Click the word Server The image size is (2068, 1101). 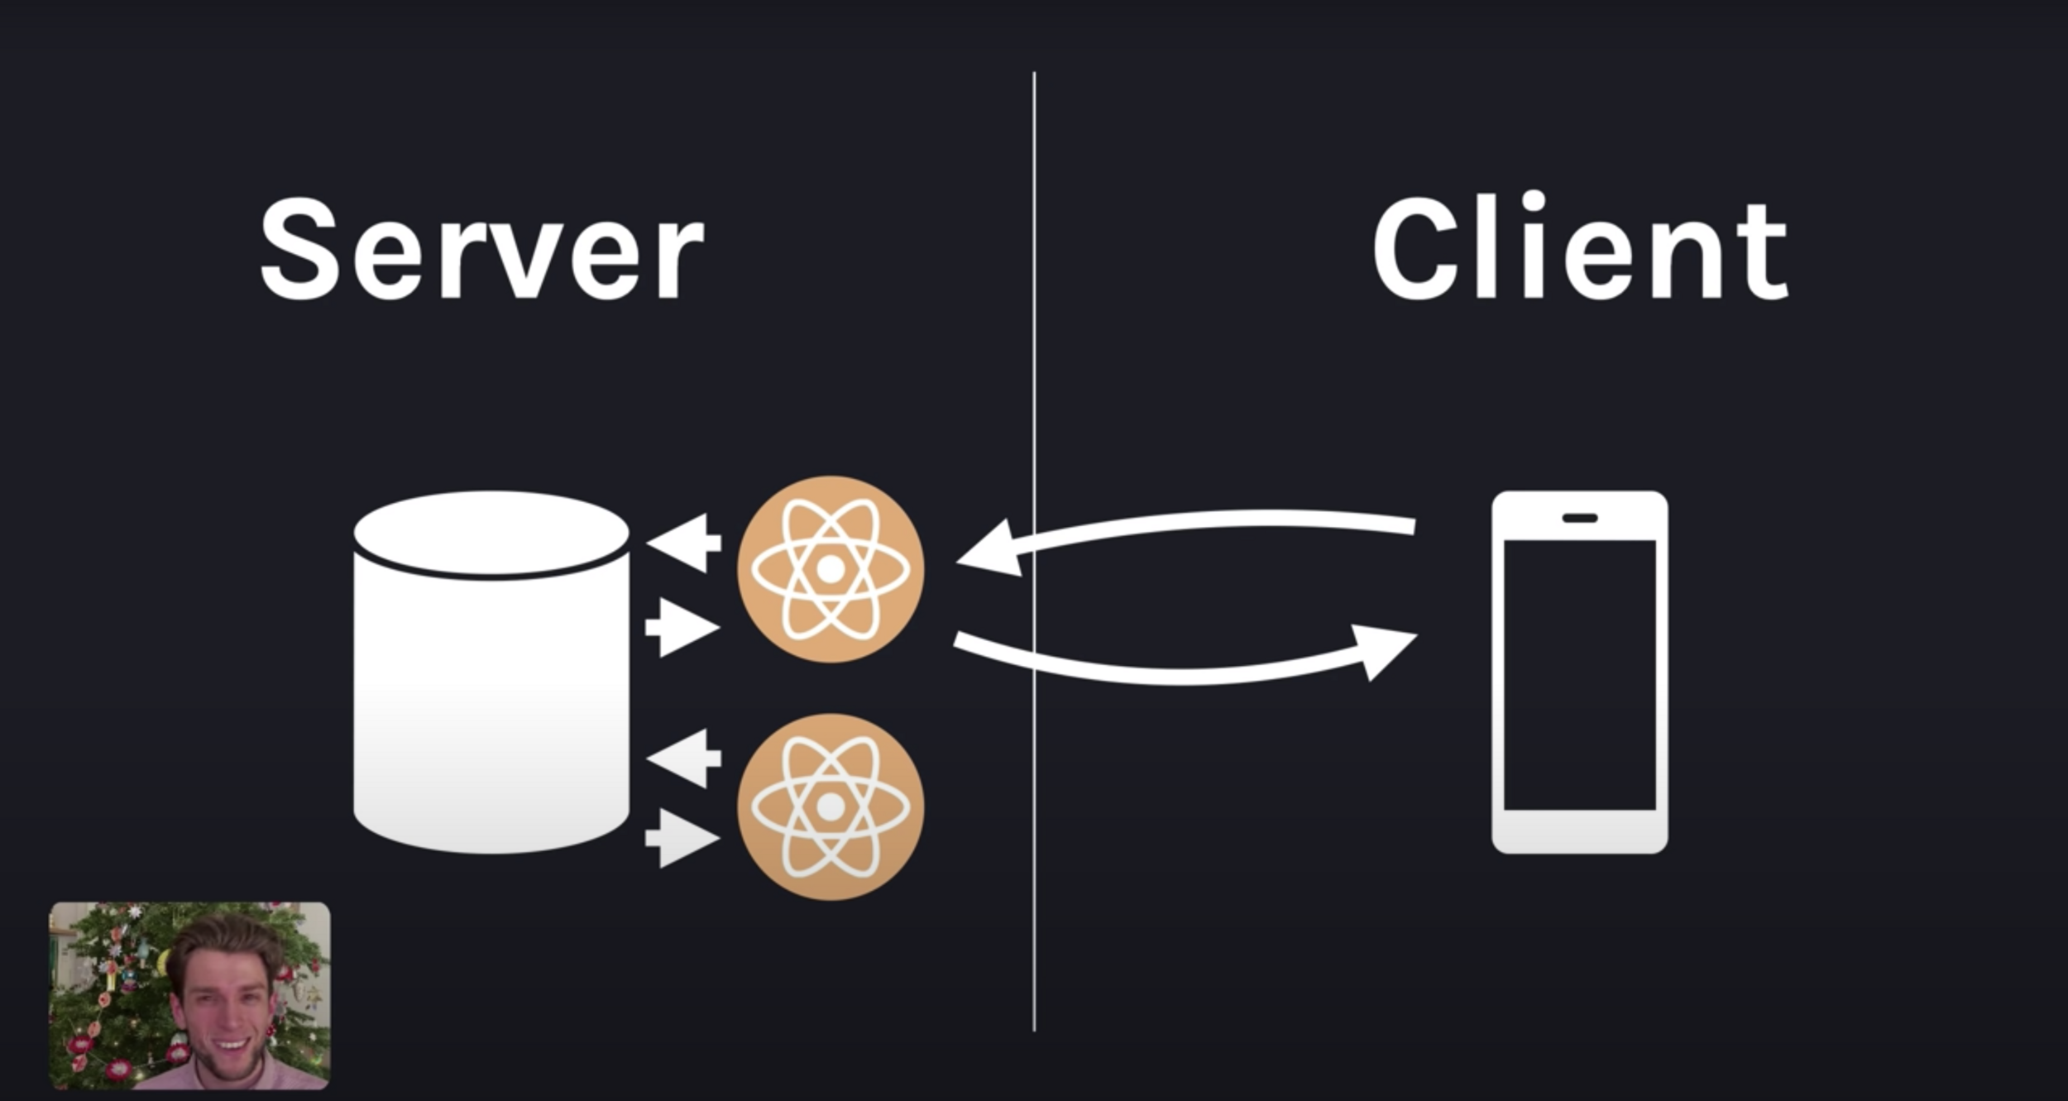[482, 250]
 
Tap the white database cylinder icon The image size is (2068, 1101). [491, 703]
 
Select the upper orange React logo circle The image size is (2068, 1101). [831, 569]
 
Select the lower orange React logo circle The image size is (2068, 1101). [831, 807]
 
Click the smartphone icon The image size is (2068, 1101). [1579, 672]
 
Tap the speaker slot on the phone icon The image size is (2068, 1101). [1579, 518]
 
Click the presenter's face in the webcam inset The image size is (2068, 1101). [222, 1005]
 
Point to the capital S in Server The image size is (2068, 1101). [299, 250]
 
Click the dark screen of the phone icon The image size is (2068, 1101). [1579, 674]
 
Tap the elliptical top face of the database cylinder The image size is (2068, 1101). [491, 533]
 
